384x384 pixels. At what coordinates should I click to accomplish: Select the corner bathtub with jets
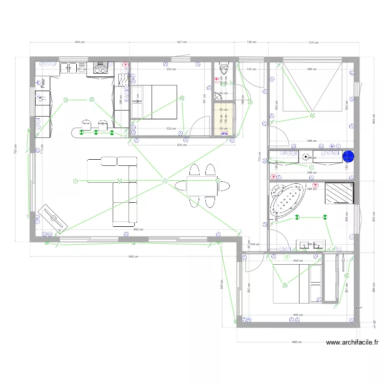[x=286, y=203]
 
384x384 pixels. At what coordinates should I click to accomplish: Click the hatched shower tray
[x=338, y=193]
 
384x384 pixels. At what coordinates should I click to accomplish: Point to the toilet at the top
[x=223, y=68]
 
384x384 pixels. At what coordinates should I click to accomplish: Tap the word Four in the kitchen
[x=45, y=82]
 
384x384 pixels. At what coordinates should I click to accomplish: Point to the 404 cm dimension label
[x=79, y=42]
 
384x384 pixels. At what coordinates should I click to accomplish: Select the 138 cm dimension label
[x=251, y=42]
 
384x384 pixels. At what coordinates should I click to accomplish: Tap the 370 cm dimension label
[x=313, y=42]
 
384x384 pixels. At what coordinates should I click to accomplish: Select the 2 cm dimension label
[x=359, y=307]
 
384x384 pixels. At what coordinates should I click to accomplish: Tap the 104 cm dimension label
[x=254, y=244]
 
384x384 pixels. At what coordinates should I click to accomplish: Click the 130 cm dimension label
[x=251, y=69]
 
